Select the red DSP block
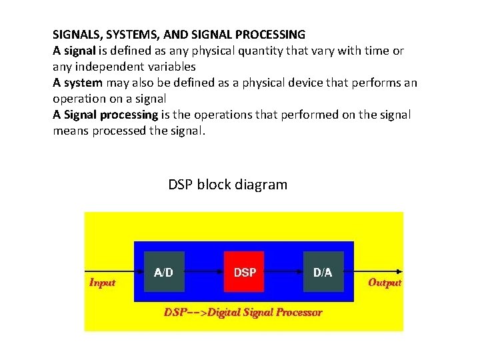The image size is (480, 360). (x=244, y=272)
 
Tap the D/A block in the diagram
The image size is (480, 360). (x=323, y=272)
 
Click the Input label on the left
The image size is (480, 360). (x=103, y=283)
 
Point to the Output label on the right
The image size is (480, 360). (x=385, y=283)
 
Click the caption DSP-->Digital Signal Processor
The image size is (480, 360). (x=243, y=312)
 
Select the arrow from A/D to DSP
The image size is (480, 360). (x=203, y=272)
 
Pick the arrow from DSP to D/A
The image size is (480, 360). (x=284, y=272)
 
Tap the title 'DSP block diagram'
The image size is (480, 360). (x=228, y=185)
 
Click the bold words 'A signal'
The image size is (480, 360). (x=75, y=50)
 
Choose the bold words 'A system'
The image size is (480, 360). (x=78, y=83)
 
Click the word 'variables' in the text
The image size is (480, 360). (x=173, y=67)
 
